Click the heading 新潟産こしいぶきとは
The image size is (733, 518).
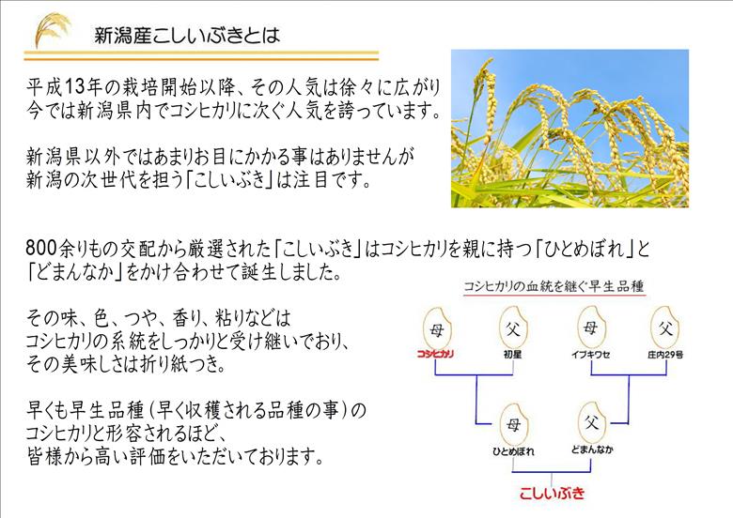pyautogui.click(x=187, y=37)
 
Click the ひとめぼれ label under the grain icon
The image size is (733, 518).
pyautogui.click(x=513, y=451)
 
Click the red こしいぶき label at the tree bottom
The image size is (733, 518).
pyautogui.click(x=553, y=492)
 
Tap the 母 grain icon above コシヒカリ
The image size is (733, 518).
pyautogui.click(x=435, y=327)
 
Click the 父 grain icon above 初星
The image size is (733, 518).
pyautogui.click(x=511, y=327)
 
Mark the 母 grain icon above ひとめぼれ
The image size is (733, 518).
pyautogui.click(x=513, y=422)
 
